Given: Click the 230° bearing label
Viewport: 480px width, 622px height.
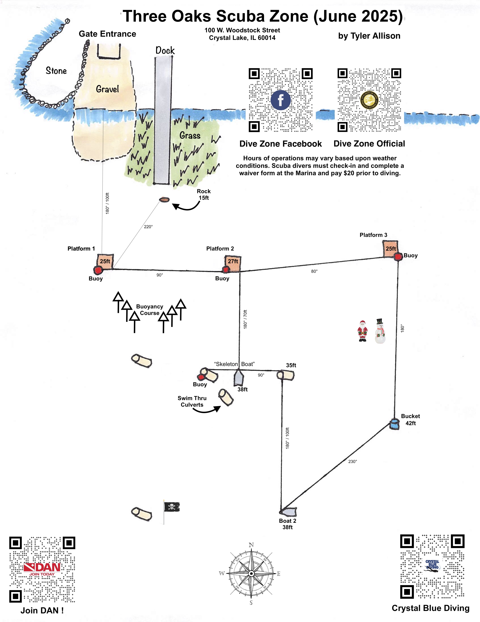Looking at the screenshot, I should [352, 461].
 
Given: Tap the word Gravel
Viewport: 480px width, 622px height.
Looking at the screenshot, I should [107, 89].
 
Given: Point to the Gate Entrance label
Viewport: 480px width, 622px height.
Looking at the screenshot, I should [107, 34].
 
